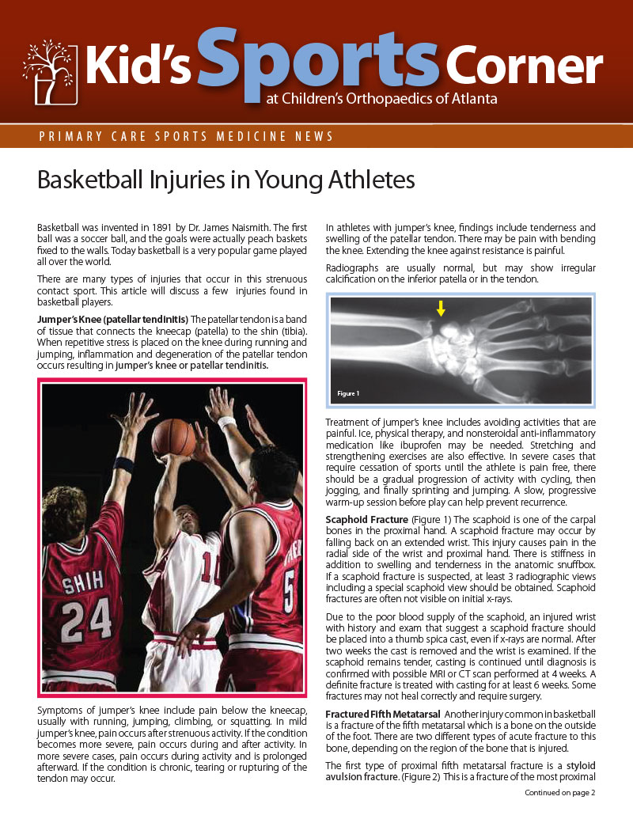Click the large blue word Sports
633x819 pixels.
coord(316,59)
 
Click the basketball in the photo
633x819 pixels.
coord(173,437)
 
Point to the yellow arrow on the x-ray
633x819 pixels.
coord(441,309)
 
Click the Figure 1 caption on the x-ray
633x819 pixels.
coord(348,393)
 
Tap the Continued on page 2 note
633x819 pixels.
coord(559,792)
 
